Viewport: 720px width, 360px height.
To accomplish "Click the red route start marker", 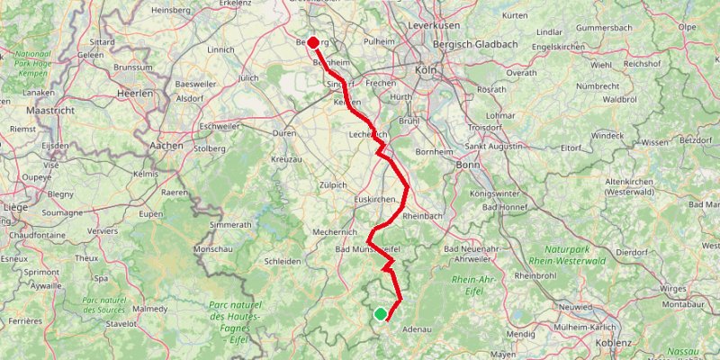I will [313, 42].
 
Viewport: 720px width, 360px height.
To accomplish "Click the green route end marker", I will [381, 314].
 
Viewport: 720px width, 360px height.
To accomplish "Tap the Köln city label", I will [426, 70].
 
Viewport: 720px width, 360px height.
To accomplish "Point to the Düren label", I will [283, 132].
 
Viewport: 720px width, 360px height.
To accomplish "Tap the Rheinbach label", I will [423, 217].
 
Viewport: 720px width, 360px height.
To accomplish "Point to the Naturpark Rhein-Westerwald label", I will [579, 255].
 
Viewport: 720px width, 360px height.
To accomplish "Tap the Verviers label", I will [102, 230].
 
